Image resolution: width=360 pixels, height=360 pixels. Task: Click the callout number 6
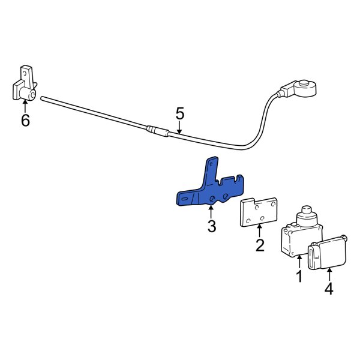click(25, 120)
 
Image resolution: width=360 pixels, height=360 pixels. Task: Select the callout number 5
click(180, 114)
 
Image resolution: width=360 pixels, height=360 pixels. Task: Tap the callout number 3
click(211, 226)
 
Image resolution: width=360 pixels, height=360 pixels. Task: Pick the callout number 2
click(260, 245)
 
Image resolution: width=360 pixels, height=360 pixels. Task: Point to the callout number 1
click(299, 276)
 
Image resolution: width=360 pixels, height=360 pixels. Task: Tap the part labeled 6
click(25, 84)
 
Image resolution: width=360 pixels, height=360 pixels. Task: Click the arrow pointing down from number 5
click(179, 127)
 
